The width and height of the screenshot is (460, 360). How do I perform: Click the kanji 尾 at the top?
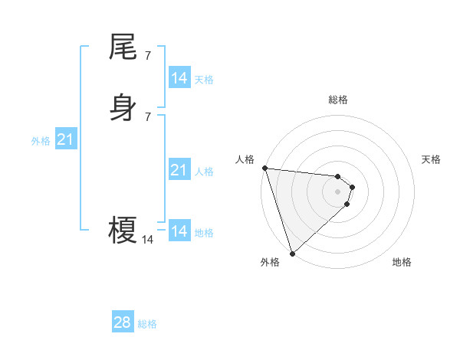(x=123, y=47)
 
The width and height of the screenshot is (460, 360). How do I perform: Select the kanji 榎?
(x=123, y=229)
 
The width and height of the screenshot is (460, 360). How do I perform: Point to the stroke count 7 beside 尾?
(x=147, y=56)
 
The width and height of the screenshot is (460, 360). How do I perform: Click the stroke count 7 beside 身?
(x=147, y=116)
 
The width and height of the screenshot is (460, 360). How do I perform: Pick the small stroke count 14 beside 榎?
(x=147, y=240)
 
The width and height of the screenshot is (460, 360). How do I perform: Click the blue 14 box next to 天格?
(x=179, y=78)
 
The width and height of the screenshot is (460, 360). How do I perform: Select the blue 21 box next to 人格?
(x=179, y=170)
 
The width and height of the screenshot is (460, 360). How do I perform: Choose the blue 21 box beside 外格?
(x=65, y=139)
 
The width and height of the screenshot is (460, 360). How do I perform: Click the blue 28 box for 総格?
(x=122, y=322)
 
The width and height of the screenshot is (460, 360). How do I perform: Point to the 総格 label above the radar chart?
(x=338, y=100)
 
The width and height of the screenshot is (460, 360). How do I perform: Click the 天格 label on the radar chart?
(x=432, y=159)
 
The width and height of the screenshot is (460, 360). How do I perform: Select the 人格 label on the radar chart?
(x=245, y=159)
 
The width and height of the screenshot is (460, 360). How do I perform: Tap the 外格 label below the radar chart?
(x=270, y=263)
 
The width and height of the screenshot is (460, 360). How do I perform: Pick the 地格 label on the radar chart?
(x=402, y=263)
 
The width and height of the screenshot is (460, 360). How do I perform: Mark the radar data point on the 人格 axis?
(x=264, y=168)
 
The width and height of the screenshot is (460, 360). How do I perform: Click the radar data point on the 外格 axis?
(x=292, y=254)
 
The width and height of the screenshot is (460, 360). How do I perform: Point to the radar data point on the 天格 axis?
(x=353, y=187)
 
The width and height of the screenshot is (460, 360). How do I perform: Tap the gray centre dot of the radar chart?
(x=338, y=191)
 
